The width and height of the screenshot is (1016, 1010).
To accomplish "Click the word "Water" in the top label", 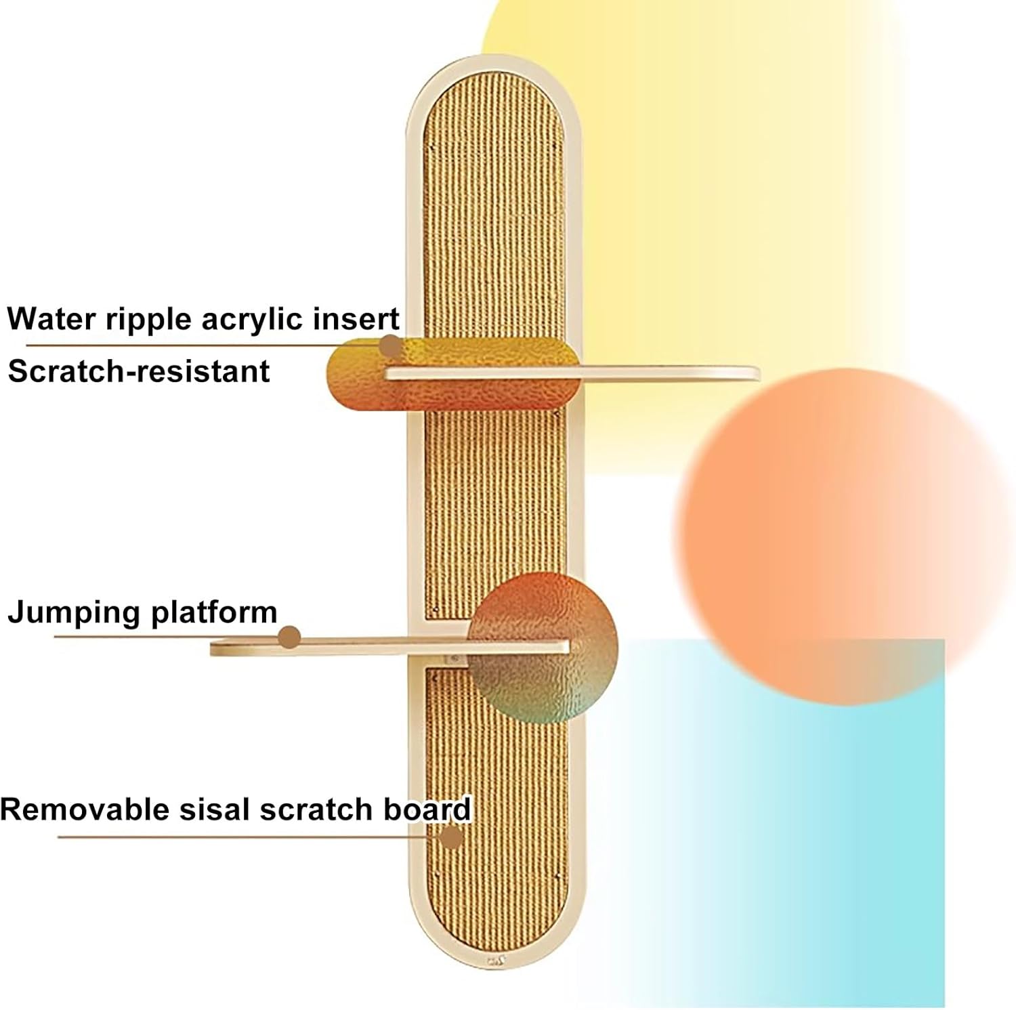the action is (51, 318).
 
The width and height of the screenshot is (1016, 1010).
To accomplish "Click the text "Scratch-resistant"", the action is (139, 371).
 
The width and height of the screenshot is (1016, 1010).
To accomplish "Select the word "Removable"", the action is (86, 809).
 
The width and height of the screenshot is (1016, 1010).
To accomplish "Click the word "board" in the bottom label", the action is (427, 809).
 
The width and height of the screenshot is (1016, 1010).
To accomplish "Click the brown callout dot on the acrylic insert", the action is (389, 345).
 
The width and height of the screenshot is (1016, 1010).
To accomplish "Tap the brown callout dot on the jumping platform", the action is (289, 637).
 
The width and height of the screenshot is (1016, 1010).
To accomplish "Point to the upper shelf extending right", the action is (572, 373).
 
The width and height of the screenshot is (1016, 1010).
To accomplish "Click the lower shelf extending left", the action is (389, 648).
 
